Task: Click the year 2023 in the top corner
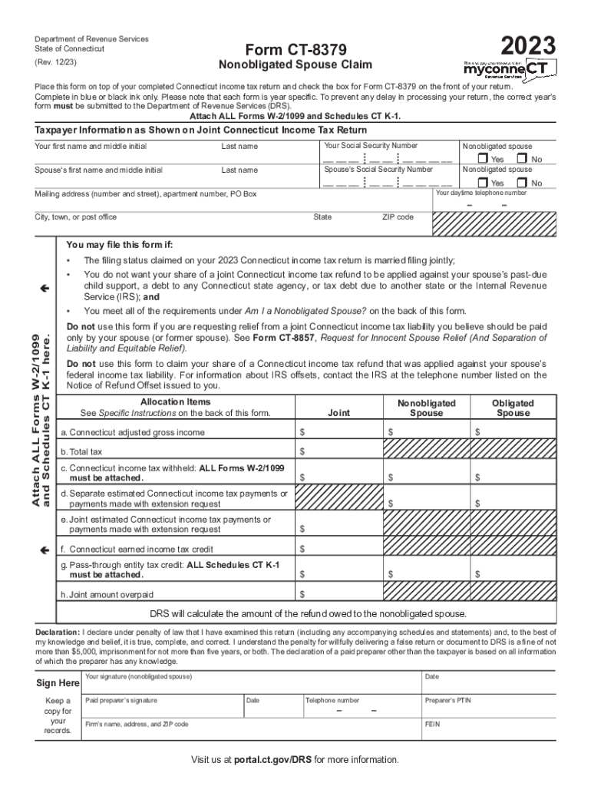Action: (527, 45)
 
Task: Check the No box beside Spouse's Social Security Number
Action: (523, 183)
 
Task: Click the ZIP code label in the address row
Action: (398, 217)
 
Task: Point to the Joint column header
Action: (338, 413)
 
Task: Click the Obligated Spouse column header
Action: (513, 408)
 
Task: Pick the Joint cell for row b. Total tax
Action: (338, 451)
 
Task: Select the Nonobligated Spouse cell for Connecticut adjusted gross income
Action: (426, 432)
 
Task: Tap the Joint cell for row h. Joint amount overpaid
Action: (338, 594)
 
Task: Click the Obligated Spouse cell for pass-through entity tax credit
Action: (513, 573)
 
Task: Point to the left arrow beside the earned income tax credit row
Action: (45, 550)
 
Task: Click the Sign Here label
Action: (58, 683)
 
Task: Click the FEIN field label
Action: (432, 724)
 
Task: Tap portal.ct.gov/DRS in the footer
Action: (273, 760)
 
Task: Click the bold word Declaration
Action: (57, 632)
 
